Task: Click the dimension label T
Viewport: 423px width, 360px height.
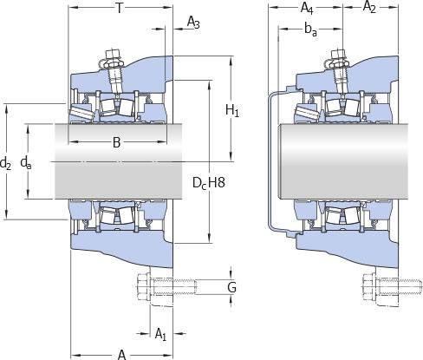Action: pos(119,9)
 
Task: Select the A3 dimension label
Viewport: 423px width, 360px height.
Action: pos(193,23)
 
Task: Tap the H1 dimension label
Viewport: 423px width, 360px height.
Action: pos(232,111)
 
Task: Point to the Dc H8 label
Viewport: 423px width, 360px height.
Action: pos(209,183)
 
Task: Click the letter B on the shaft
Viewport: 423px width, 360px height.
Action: pos(116,142)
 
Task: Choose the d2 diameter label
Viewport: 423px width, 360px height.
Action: pos(5,163)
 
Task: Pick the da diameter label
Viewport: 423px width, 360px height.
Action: pos(26,163)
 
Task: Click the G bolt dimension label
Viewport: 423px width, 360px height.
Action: pos(231,287)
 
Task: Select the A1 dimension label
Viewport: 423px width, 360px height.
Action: pos(160,334)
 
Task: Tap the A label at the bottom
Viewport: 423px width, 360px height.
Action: pos(122,355)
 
